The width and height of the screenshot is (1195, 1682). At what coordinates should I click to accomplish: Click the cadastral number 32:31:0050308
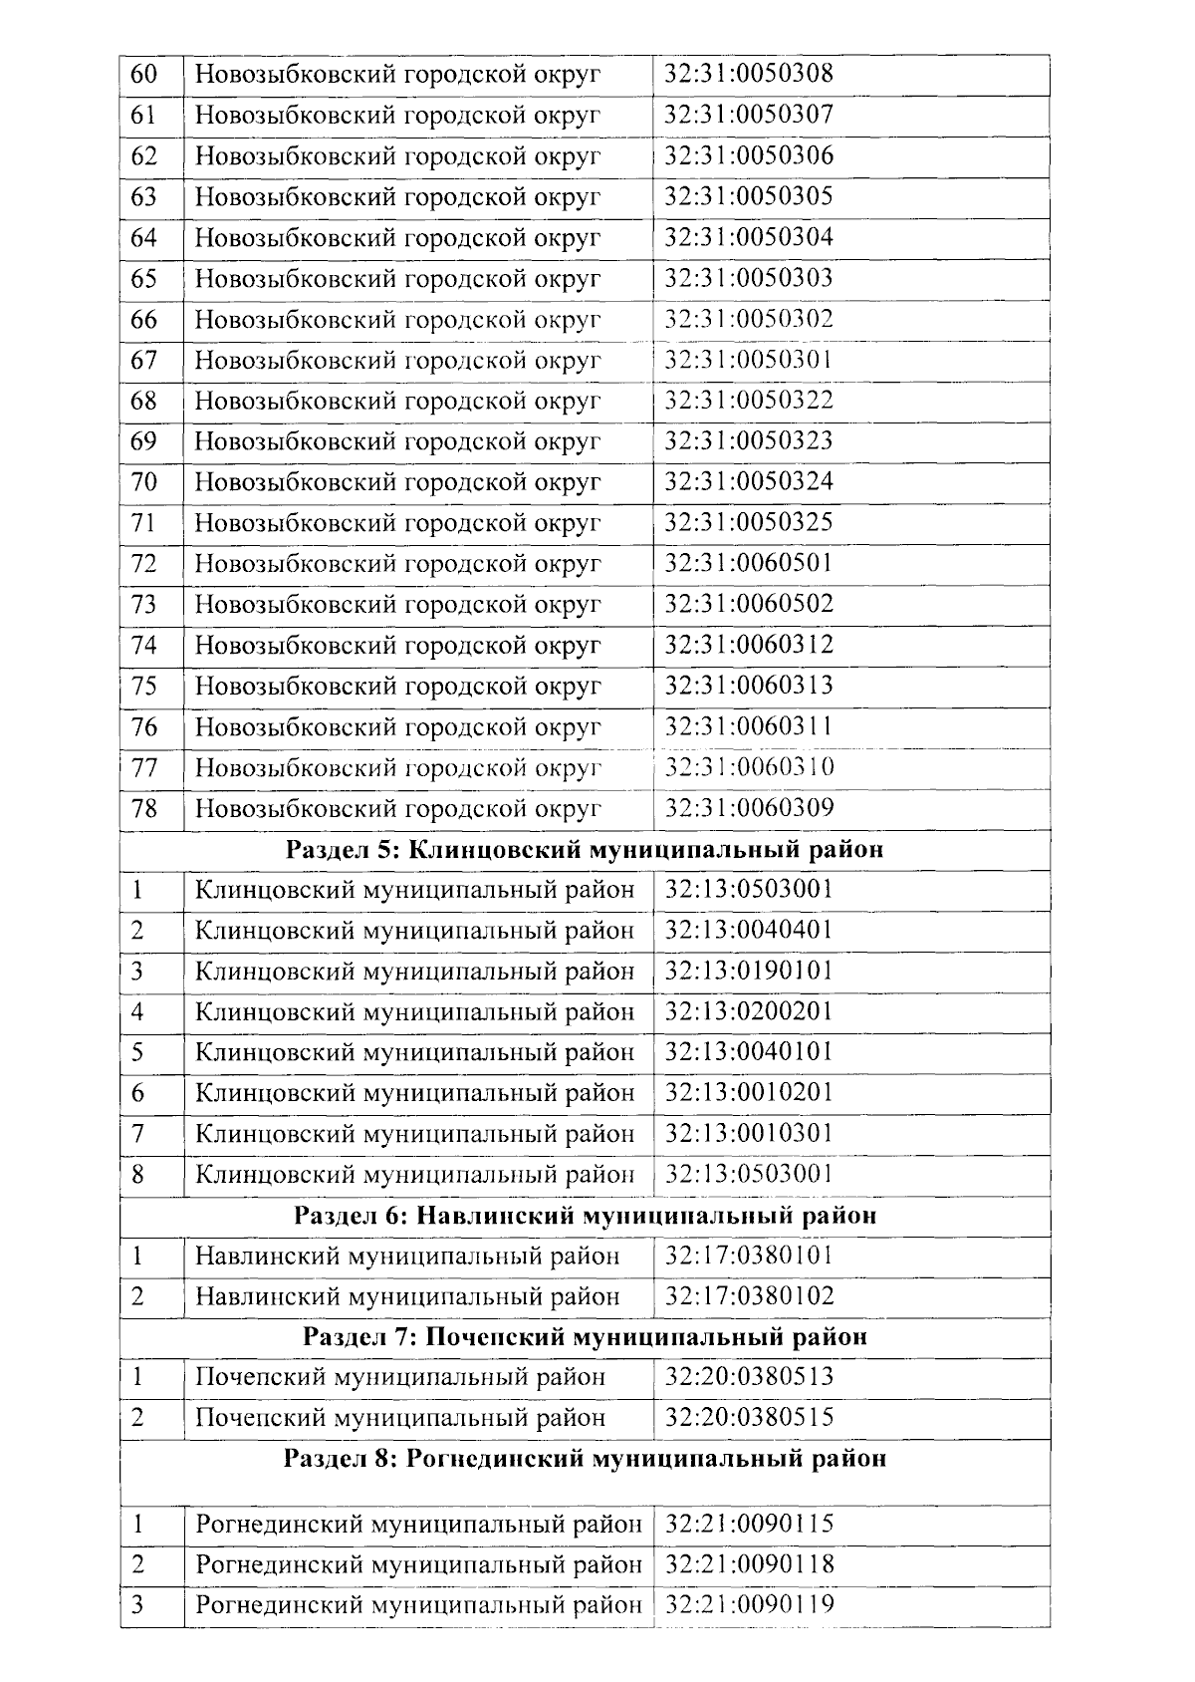point(749,74)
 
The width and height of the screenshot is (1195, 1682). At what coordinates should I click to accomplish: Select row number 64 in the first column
point(144,238)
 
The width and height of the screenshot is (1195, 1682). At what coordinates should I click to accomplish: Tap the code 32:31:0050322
point(749,401)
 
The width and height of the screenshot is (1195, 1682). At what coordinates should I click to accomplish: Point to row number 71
point(144,523)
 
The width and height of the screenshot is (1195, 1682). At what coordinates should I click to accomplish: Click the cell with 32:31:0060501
point(749,563)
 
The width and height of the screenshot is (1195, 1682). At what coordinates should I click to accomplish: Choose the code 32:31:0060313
point(749,686)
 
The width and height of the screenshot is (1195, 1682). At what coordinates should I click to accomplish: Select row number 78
point(144,808)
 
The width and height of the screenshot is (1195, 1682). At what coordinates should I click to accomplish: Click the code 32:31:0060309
point(749,807)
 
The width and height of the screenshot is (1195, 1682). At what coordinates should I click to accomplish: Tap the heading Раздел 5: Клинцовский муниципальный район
point(585,850)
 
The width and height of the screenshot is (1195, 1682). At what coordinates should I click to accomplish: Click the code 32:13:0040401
point(749,930)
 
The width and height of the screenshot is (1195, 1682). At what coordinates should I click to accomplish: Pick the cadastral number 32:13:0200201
point(749,1011)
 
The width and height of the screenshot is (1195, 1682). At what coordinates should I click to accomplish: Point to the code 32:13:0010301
point(749,1133)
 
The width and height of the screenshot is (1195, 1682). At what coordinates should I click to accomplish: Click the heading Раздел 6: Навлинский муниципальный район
point(585,1216)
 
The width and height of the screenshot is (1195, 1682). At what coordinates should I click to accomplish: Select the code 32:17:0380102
point(749,1296)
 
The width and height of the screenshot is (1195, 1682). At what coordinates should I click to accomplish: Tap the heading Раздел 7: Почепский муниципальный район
point(585,1336)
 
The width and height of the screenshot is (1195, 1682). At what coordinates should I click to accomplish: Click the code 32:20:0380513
point(749,1377)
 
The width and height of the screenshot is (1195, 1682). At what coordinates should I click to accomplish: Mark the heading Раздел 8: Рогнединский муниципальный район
point(585,1459)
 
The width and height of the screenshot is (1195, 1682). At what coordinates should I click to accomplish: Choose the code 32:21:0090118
point(749,1564)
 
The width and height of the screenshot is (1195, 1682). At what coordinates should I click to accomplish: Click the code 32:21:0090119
point(749,1605)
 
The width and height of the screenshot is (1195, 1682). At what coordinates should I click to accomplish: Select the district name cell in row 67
point(398,360)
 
